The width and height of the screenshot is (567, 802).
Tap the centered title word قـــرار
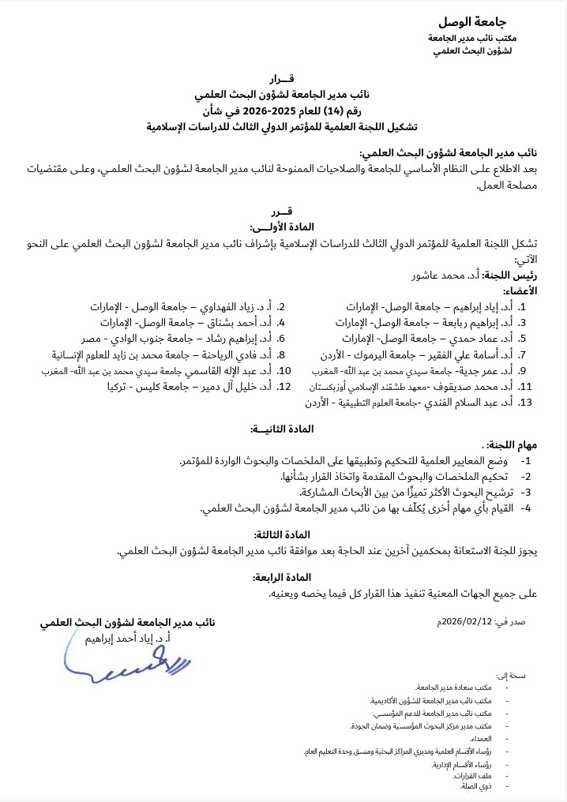click(282, 78)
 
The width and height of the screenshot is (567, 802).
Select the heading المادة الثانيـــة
click(282, 429)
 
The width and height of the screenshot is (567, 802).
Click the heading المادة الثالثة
click(282, 534)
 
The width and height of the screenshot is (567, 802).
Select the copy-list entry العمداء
click(479, 737)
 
